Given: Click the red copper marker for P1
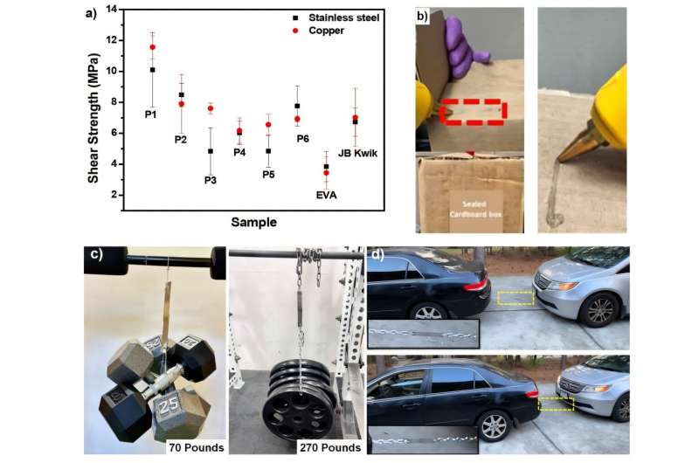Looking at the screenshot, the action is (x=152, y=47).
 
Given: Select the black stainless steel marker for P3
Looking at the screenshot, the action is (x=211, y=151).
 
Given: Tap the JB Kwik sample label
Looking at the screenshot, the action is (x=357, y=153).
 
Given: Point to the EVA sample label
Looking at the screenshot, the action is (x=326, y=195).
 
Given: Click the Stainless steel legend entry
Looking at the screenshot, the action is (x=336, y=17).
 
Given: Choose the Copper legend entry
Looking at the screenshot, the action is (x=318, y=31).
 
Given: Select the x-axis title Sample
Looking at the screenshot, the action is (x=253, y=222).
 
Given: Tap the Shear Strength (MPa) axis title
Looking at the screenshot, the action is (x=93, y=118).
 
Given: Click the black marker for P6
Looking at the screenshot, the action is (x=297, y=106).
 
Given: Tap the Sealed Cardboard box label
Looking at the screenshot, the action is (x=475, y=209).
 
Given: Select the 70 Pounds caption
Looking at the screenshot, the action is (x=197, y=447).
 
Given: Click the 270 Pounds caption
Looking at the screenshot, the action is (x=330, y=447).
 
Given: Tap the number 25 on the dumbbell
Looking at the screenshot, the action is (x=169, y=407).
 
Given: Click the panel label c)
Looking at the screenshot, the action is (x=96, y=253).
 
